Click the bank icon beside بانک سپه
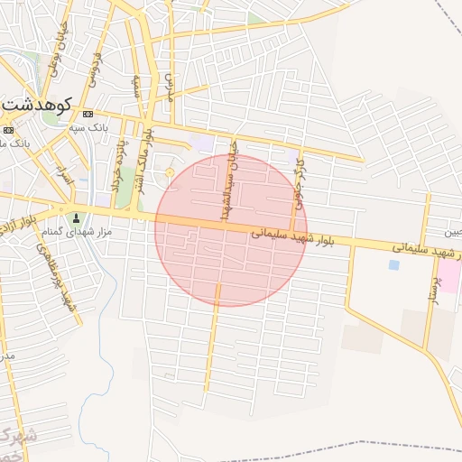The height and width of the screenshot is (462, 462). (88, 115)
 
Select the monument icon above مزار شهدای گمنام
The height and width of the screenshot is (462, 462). (76, 217)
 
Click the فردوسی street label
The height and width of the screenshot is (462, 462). (93, 68)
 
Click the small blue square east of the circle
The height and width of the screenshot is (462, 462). (393, 265)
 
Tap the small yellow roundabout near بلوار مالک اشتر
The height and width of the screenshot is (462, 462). (170, 171)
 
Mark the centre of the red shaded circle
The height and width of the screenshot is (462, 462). (231, 230)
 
